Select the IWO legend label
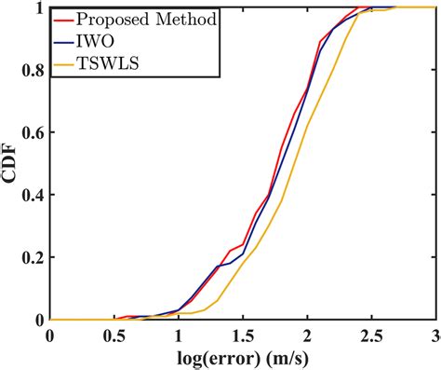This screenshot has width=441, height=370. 100,43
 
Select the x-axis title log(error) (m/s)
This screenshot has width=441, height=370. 243,358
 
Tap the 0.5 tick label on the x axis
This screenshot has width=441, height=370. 114,335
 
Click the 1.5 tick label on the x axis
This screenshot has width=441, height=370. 242,335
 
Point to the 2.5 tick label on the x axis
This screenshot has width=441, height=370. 371,335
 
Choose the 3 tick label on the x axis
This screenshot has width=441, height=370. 434,335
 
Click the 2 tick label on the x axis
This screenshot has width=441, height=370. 307,335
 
